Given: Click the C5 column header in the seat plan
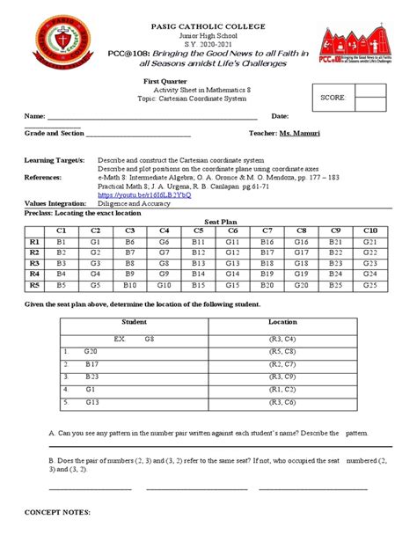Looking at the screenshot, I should click(x=199, y=230).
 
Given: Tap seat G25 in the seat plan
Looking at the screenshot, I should click(x=369, y=285).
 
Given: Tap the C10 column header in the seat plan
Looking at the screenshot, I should click(x=369, y=230).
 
